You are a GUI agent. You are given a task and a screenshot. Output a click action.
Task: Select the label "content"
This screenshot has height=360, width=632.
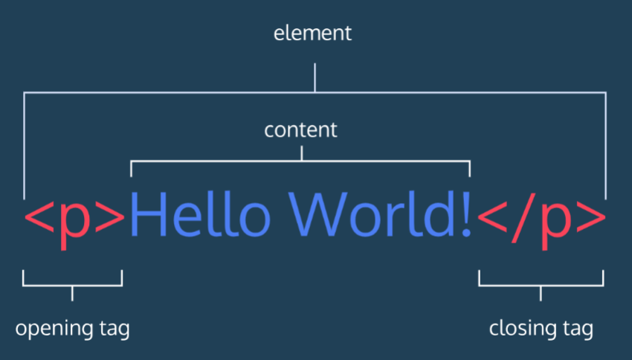click(x=300, y=129)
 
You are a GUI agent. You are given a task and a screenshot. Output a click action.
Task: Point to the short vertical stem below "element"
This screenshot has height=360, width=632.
click(x=315, y=77)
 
